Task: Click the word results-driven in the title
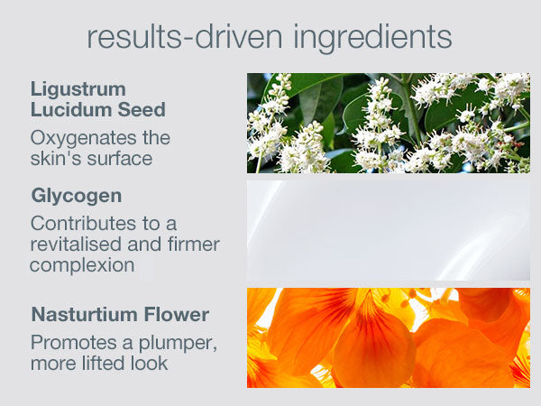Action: click(185, 37)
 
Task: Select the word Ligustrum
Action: click(78, 89)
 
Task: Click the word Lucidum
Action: click(70, 110)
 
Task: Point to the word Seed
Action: click(142, 110)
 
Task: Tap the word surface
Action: click(120, 159)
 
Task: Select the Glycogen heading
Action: click(77, 197)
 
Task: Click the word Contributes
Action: click(83, 224)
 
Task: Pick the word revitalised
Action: click(76, 245)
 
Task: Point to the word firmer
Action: click(194, 245)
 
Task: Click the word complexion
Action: click(82, 266)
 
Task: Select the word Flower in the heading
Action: click(177, 315)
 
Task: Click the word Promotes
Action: click(74, 343)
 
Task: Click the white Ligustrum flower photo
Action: click(389, 123)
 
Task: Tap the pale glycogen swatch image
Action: click(389, 230)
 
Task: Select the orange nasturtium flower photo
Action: click(389, 338)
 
